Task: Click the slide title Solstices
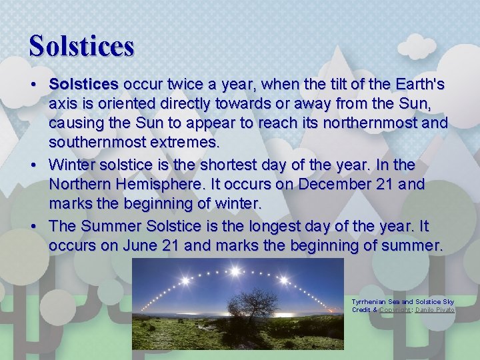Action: click(x=81, y=45)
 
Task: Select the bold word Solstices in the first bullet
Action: click(x=83, y=85)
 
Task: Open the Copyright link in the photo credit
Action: click(x=394, y=310)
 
